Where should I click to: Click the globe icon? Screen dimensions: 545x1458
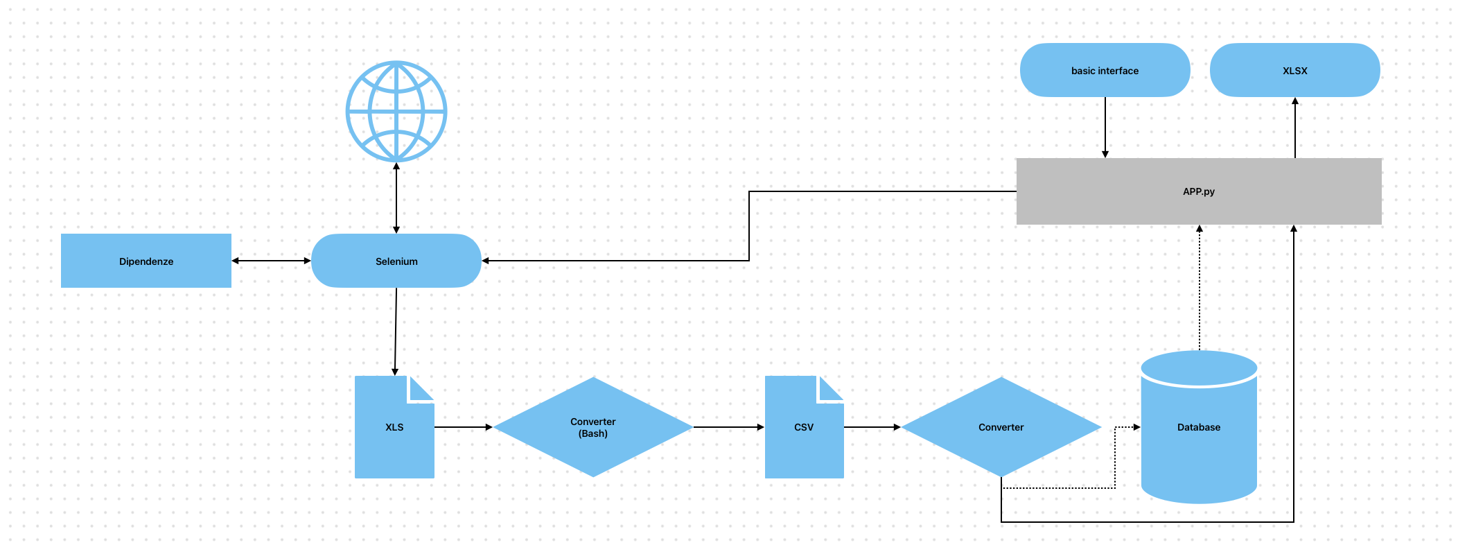tap(396, 112)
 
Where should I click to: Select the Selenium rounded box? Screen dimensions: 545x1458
tap(396, 261)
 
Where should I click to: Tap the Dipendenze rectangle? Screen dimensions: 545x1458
tap(146, 261)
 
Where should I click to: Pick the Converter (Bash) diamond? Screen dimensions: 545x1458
tap(593, 427)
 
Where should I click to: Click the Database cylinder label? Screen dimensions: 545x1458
tap(1199, 427)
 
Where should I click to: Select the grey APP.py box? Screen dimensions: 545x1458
tap(1199, 191)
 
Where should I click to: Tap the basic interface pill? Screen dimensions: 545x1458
tap(1105, 70)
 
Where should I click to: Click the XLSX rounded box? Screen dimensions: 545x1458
tap(1295, 70)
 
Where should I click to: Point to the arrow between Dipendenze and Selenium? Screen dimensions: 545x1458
tap(271, 261)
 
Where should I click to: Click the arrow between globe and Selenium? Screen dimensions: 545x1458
tap(396, 198)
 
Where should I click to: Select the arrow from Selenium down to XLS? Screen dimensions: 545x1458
tap(396, 331)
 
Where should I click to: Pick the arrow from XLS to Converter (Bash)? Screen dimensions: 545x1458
tap(463, 427)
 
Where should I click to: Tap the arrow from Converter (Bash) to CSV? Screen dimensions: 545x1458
tap(728, 427)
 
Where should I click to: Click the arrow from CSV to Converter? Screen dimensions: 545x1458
tap(872, 427)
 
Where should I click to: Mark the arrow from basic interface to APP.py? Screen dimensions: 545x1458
tap(1105, 127)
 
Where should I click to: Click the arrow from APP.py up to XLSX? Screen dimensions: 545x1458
tap(1295, 128)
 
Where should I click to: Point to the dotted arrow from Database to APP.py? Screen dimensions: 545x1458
tap(1200, 288)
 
